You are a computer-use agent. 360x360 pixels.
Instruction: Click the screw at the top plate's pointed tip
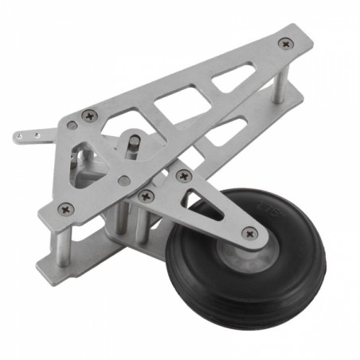tap(285, 45)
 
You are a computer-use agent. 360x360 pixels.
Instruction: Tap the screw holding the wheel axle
tap(251, 233)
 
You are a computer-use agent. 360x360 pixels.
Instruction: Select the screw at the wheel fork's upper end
tap(184, 175)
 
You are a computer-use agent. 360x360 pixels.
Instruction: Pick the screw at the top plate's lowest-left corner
tap(66, 209)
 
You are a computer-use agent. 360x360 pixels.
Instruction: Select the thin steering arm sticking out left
tap(36, 135)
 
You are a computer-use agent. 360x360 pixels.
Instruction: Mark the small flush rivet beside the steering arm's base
tap(72, 125)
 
